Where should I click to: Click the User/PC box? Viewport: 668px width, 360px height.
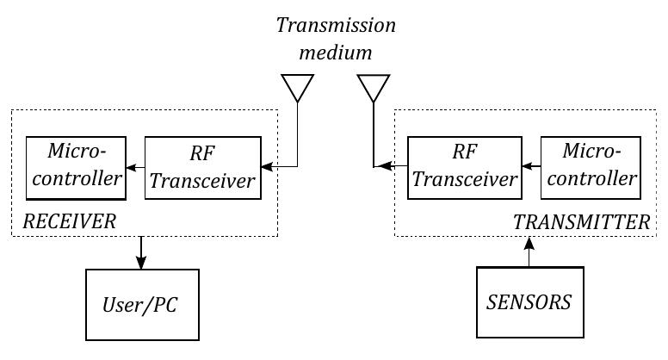142,304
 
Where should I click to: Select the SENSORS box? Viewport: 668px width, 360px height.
529,302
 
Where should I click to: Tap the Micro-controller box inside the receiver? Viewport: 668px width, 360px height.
75,166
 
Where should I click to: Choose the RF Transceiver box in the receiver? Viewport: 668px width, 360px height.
201,166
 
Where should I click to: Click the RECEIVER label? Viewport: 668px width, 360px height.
69,222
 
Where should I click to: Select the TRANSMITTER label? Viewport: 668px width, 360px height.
581,222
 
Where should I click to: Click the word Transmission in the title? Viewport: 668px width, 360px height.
336,25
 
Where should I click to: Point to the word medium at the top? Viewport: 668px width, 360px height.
336,53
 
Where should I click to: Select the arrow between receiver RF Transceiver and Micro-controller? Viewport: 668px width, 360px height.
134,166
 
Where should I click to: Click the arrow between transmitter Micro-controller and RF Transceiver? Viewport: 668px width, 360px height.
530,166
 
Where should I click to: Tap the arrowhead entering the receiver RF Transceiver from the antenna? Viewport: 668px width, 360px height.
266,166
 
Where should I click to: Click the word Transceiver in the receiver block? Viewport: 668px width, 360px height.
210,181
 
